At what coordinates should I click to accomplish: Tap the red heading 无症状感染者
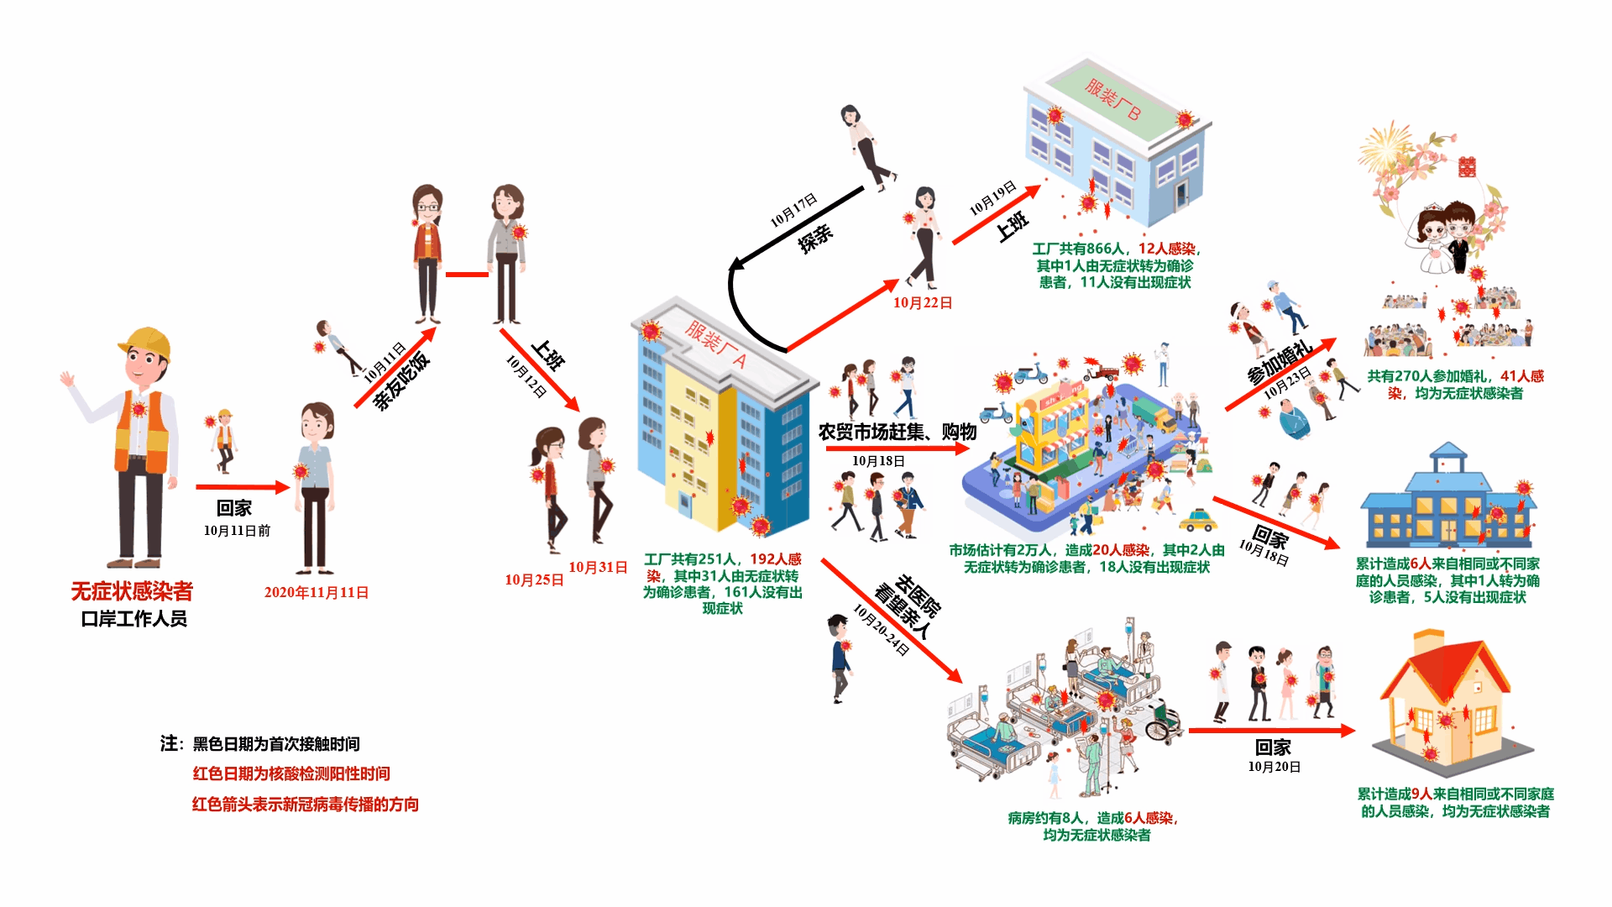(x=132, y=591)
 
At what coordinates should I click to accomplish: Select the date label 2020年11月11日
(x=317, y=592)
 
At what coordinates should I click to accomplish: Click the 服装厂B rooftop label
(x=1112, y=99)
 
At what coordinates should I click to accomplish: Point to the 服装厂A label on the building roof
(x=715, y=343)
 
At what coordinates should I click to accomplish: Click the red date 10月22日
(x=923, y=302)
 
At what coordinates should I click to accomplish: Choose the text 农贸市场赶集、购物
(x=898, y=432)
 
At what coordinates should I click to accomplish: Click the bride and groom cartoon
(x=1447, y=239)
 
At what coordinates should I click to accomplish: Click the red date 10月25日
(x=534, y=579)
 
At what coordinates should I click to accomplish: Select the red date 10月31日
(x=598, y=567)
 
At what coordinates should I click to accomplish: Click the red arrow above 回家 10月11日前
(x=243, y=487)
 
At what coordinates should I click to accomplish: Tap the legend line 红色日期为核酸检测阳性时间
(x=291, y=773)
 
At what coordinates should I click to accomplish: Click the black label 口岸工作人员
(x=133, y=619)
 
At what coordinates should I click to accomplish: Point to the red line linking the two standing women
(x=467, y=274)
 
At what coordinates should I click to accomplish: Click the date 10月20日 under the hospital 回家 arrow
(x=1274, y=767)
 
